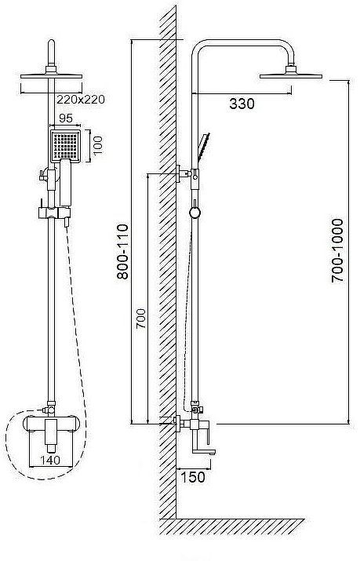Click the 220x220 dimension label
tap(81, 99)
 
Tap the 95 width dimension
tap(65, 118)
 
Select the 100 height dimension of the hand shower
tap(97, 145)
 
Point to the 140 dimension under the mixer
tap(50, 460)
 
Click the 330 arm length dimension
tap(242, 104)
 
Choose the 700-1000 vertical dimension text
tap(337, 250)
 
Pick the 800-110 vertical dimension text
tap(122, 252)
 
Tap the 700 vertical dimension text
tap(141, 319)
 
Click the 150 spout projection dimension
tap(193, 477)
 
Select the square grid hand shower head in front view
tap(65, 146)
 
